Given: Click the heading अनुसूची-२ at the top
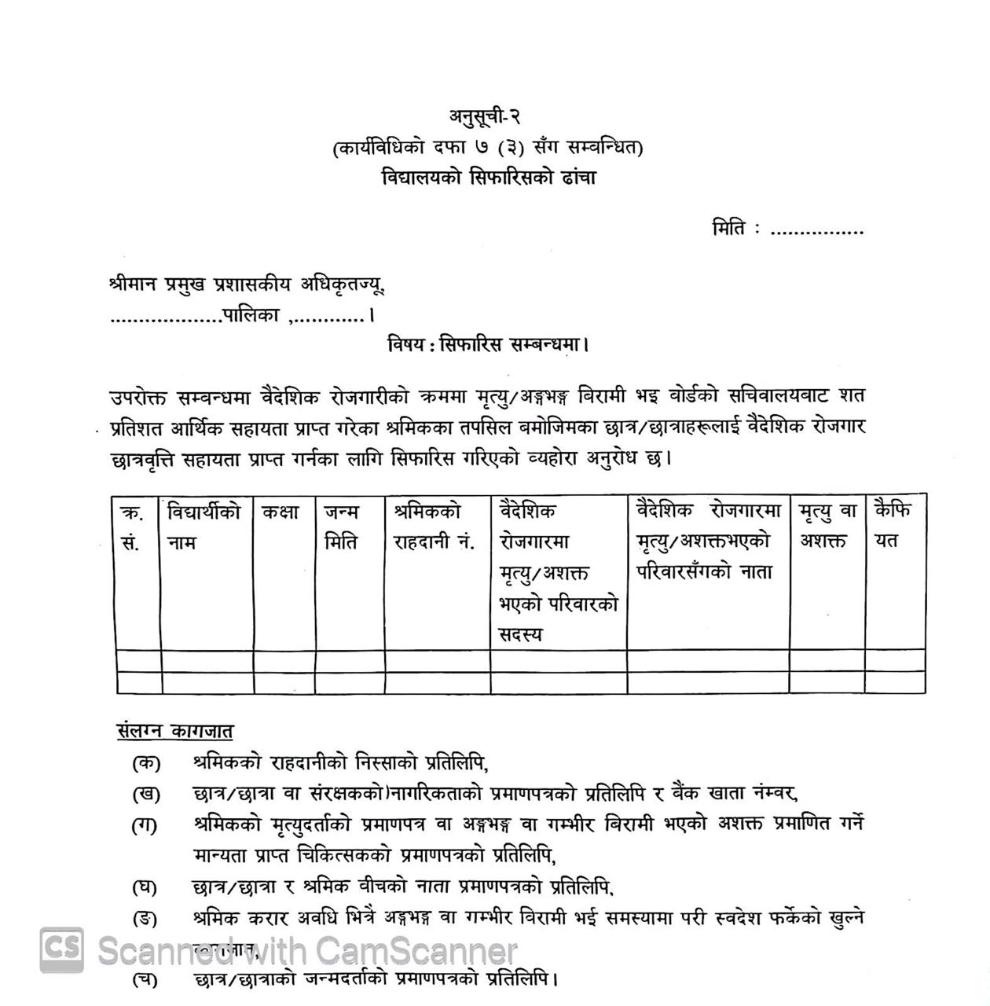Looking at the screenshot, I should click(485, 116).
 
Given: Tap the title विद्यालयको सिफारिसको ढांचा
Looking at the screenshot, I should click(489, 178).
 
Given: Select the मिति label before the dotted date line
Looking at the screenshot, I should click(728, 229).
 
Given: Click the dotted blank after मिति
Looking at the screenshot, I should click(817, 232).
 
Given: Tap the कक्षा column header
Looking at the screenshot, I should click(280, 512).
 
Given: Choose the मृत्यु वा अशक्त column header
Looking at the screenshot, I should click(827, 527).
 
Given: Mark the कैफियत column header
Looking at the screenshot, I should click(893, 526).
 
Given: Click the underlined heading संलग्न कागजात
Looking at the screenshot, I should click(174, 731).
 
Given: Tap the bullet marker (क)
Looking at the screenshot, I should click(146, 762).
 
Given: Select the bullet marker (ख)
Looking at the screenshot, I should click(146, 794).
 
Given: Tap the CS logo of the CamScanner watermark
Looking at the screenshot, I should click(62, 949).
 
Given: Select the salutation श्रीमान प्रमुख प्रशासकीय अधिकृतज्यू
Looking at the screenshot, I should click(247, 285).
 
